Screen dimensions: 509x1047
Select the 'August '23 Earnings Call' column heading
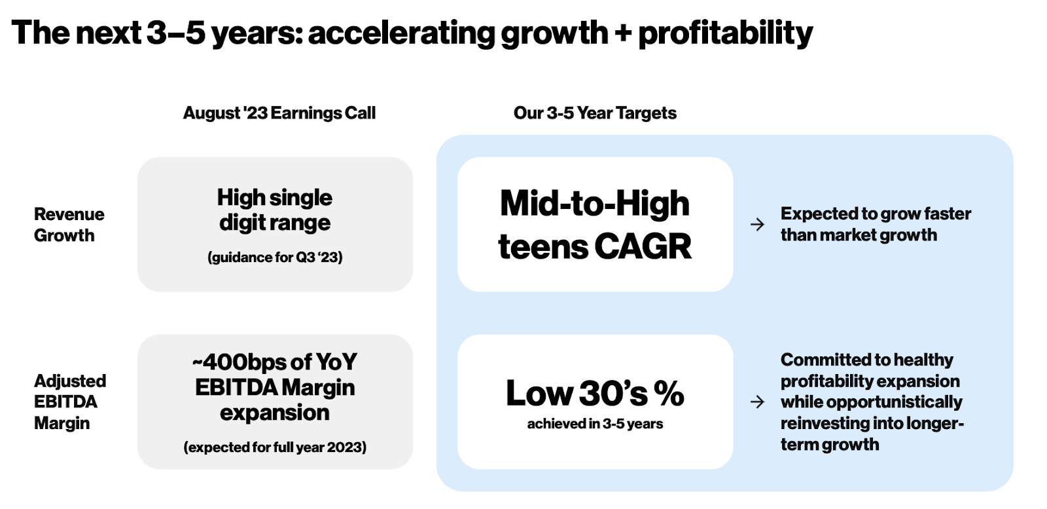click(279, 113)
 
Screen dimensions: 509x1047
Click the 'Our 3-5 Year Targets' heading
click(595, 113)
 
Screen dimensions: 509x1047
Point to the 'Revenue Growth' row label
click(69, 225)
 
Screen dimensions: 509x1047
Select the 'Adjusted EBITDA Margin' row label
click(69, 402)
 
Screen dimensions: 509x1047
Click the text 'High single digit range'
click(275, 210)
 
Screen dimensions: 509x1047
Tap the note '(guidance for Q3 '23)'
click(275, 257)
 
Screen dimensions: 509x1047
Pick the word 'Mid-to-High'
click(595, 203)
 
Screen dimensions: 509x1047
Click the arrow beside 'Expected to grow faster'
click(757, 225)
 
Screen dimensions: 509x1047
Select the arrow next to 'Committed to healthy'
click(757, 402)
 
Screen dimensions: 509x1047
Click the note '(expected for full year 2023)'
click(275, 447)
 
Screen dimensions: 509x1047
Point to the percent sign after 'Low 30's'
click(669, 393)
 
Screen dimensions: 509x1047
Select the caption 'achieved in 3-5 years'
click(595, 424)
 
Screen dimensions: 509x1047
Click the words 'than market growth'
click(859, 235)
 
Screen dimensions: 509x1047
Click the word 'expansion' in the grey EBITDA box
click(275, 413)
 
